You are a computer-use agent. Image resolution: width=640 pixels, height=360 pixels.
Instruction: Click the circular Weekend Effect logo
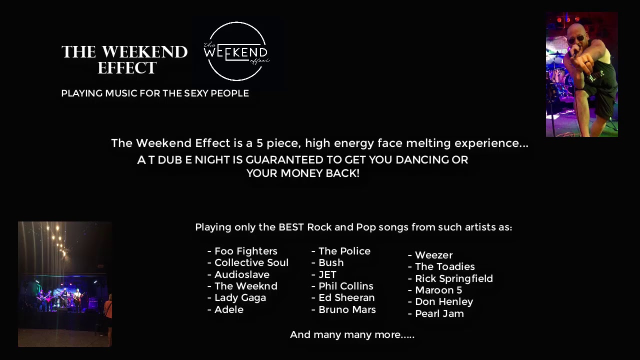tap(236, 51)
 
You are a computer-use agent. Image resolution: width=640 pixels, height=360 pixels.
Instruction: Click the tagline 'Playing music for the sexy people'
tap(154, 93)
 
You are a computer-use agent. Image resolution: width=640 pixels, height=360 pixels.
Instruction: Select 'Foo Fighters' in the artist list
tap(245, 251)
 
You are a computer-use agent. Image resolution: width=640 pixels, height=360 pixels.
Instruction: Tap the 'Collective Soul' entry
tap(251, 262)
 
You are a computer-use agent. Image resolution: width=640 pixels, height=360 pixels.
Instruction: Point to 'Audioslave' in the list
tap(241, 274)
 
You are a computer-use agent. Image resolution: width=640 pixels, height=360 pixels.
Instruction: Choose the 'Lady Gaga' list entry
tap(240, 297)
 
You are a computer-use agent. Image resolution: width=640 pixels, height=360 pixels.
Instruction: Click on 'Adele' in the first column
tap(228, 309)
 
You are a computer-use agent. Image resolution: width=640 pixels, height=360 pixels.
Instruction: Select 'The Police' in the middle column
tap(344, 251)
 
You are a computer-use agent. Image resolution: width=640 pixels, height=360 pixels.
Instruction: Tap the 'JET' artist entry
tap(327, 274)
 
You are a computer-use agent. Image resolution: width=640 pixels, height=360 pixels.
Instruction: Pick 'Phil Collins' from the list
tap(345, 286)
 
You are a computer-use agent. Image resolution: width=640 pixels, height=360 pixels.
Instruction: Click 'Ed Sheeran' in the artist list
tap(346, 297)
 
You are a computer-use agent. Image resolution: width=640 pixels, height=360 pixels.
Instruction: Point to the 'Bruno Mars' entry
tap(347, 309)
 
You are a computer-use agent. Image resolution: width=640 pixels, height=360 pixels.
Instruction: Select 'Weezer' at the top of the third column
tap(433, 255)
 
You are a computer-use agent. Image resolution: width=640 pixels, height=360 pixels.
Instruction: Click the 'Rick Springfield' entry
tap(453, 278)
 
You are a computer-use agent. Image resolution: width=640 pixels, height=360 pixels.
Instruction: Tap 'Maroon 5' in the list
tap(438, 290)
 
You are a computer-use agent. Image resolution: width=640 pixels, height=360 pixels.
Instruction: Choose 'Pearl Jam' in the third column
tap(439, 313)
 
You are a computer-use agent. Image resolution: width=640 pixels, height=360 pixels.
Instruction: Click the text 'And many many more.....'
tap(352, 334)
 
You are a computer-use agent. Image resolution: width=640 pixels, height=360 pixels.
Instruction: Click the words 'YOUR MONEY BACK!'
tap(303, 173)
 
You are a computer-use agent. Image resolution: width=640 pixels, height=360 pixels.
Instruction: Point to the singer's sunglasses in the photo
tap(575, 38)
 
